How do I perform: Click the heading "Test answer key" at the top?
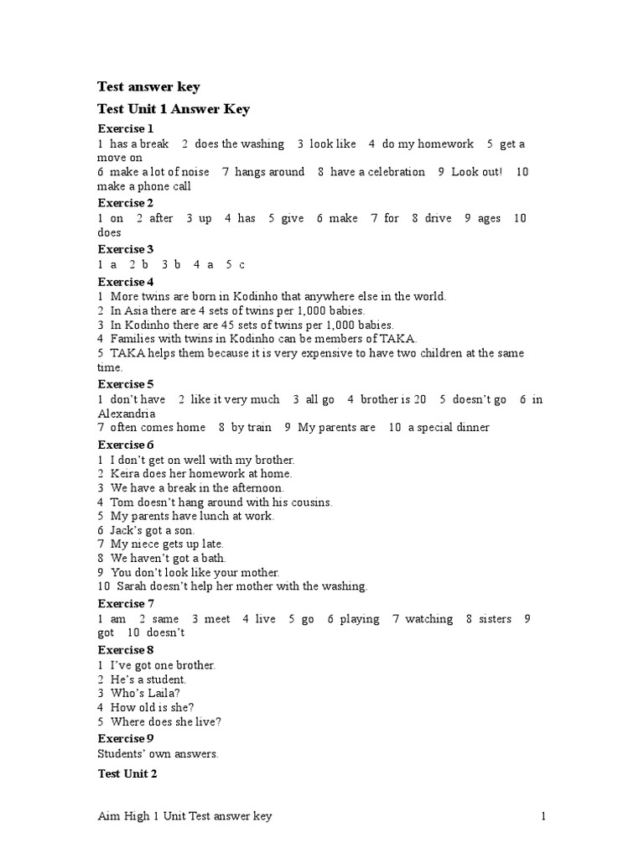click(148, 87)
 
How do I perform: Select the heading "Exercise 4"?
click(126, 281)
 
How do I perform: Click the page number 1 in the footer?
click(543, 816)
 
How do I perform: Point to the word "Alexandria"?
click(126, 414)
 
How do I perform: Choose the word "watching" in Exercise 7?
click(428, 619)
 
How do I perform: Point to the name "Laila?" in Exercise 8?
click(162, 694)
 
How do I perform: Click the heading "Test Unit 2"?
click(127, 773)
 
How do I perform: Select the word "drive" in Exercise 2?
click(438, 218)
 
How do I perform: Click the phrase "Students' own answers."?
click(158, 753)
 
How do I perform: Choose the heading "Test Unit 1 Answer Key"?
click(174, 109)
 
